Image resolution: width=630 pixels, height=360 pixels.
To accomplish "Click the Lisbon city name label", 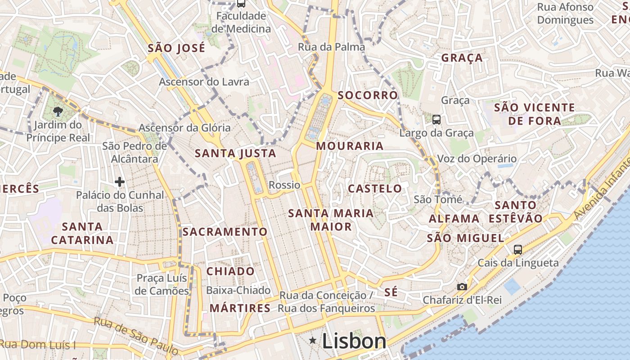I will (x=354, y=341).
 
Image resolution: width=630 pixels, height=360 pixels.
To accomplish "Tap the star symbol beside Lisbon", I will (x=313, y=341).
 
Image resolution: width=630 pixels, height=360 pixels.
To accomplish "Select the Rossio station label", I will (x=284, y=185).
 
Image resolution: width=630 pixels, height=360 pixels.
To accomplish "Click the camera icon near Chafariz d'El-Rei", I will (x=462, y=287).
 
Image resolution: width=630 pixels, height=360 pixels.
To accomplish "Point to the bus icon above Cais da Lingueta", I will (x=518, y=249).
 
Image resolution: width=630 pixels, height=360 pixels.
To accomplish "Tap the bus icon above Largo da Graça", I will (x=436, y=119).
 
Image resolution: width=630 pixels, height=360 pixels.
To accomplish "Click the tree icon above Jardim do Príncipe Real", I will (x=58, y=111).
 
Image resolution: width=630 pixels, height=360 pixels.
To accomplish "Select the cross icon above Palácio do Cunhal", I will (x=120, y=182).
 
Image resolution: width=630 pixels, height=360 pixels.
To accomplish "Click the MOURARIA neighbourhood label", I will (x=350, y=146).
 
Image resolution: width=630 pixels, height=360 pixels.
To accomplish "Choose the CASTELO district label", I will (x=375, y=189).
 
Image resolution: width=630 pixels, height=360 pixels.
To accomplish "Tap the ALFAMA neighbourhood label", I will (x=454, y=219).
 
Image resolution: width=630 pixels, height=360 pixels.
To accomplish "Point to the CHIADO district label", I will (x=230, y=271).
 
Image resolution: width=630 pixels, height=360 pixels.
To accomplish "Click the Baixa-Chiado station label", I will (x=238, y=290).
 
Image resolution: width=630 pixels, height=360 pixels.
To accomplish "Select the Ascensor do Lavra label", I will (x=204, y=82).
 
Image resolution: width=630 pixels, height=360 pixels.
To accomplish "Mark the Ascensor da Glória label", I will (x=184, y=128).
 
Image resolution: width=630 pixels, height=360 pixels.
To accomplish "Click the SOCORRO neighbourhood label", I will (x=368, y=95).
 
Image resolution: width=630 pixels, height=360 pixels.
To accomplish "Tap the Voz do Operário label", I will (x=477, y=158).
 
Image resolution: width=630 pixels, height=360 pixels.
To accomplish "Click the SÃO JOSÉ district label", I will (x=176, y=48).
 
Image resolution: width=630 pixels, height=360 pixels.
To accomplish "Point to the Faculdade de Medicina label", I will (x=241, y=22).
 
